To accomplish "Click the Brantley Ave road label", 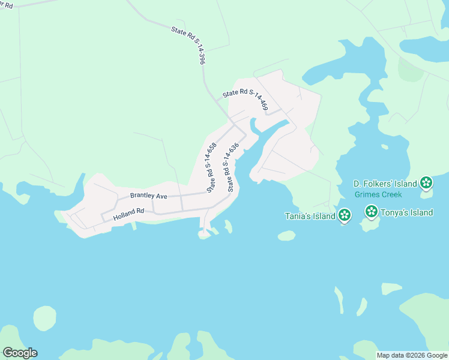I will coord(148,196).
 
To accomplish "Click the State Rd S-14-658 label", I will coord(211,167).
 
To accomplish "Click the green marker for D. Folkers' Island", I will coord(426,182).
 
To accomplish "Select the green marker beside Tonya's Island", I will coord(372,212).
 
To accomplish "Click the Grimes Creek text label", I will coord(378,194).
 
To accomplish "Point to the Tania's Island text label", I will coord(310,216).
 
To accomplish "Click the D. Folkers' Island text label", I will coord(385,183).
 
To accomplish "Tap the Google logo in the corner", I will coord(20,353).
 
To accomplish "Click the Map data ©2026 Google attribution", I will coord(412,355).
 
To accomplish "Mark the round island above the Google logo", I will coord(44,318).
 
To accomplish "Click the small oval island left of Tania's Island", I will coord(287,236).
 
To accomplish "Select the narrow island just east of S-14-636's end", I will coord(228,226).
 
